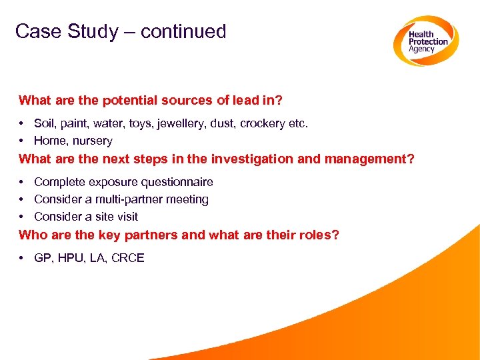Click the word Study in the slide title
[92, 31]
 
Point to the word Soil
[45, 123]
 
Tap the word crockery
[264, 123]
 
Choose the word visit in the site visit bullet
[125, 217]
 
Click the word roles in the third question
[314, 235]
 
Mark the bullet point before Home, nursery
[23, 141]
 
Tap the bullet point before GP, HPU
[23, 258]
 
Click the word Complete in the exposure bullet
[58, 182]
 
